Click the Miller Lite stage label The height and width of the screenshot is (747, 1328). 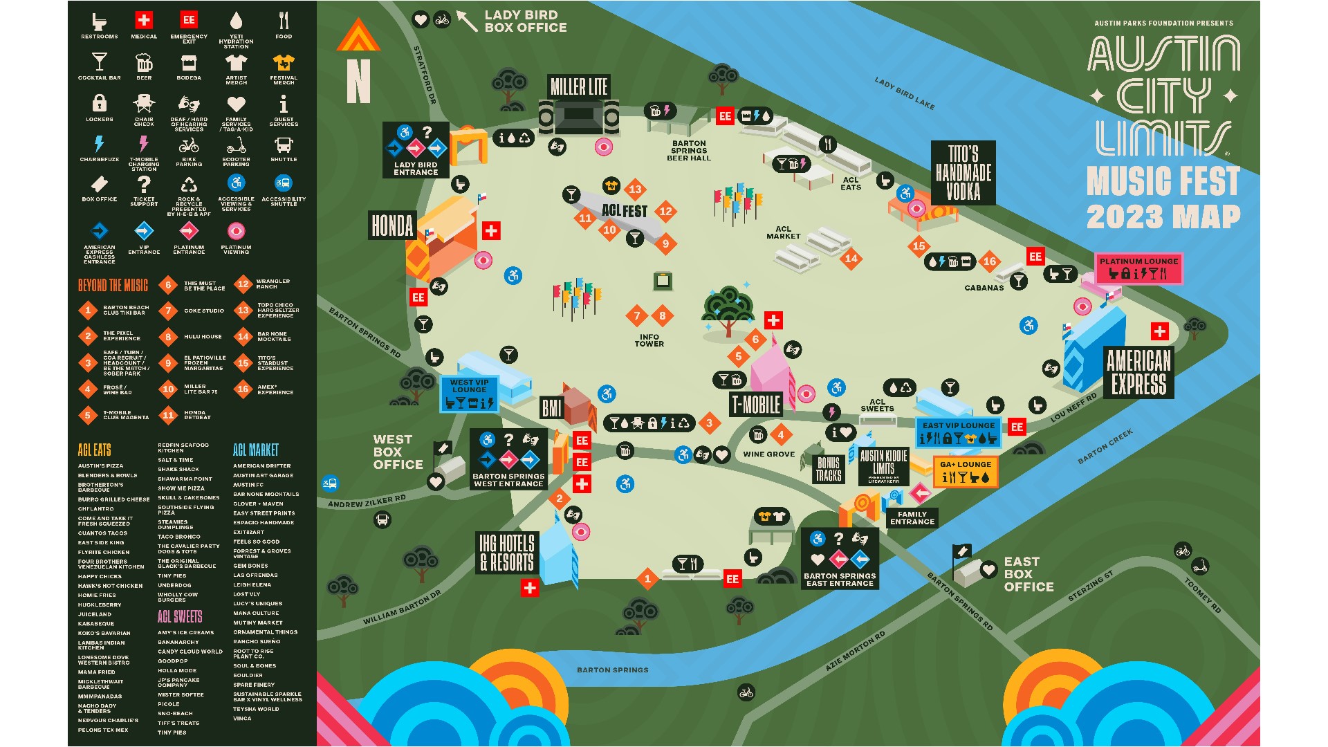pos(578,87)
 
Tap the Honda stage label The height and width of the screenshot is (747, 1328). pos(392,225)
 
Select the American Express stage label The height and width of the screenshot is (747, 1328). pos(1138,372)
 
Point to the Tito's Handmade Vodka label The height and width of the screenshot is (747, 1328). pos(963,173)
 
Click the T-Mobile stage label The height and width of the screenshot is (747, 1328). pos(756,405)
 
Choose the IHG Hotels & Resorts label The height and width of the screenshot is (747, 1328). pos(507,553)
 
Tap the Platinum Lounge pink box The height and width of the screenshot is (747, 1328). pos(1138,268)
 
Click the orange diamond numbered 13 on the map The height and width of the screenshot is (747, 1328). pos(635,189)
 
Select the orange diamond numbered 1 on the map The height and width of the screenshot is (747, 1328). pos(647,579)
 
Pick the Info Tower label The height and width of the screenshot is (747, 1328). pos(649,340)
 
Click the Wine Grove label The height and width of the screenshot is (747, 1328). pos(768,454)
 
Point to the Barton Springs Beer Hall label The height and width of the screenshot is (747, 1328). pos(689,151)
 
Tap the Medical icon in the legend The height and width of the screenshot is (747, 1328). pos(144,20)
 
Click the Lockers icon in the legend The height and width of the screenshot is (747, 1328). pos(100,104)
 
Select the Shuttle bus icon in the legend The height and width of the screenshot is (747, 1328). pos(284,145)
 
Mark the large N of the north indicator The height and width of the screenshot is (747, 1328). pos(358,82)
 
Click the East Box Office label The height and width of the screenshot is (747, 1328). pos(1029,574)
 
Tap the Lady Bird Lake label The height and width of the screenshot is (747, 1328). pos(905,93)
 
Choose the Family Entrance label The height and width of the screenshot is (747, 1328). pos(912,518)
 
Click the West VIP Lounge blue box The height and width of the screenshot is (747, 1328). pos(470,394)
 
